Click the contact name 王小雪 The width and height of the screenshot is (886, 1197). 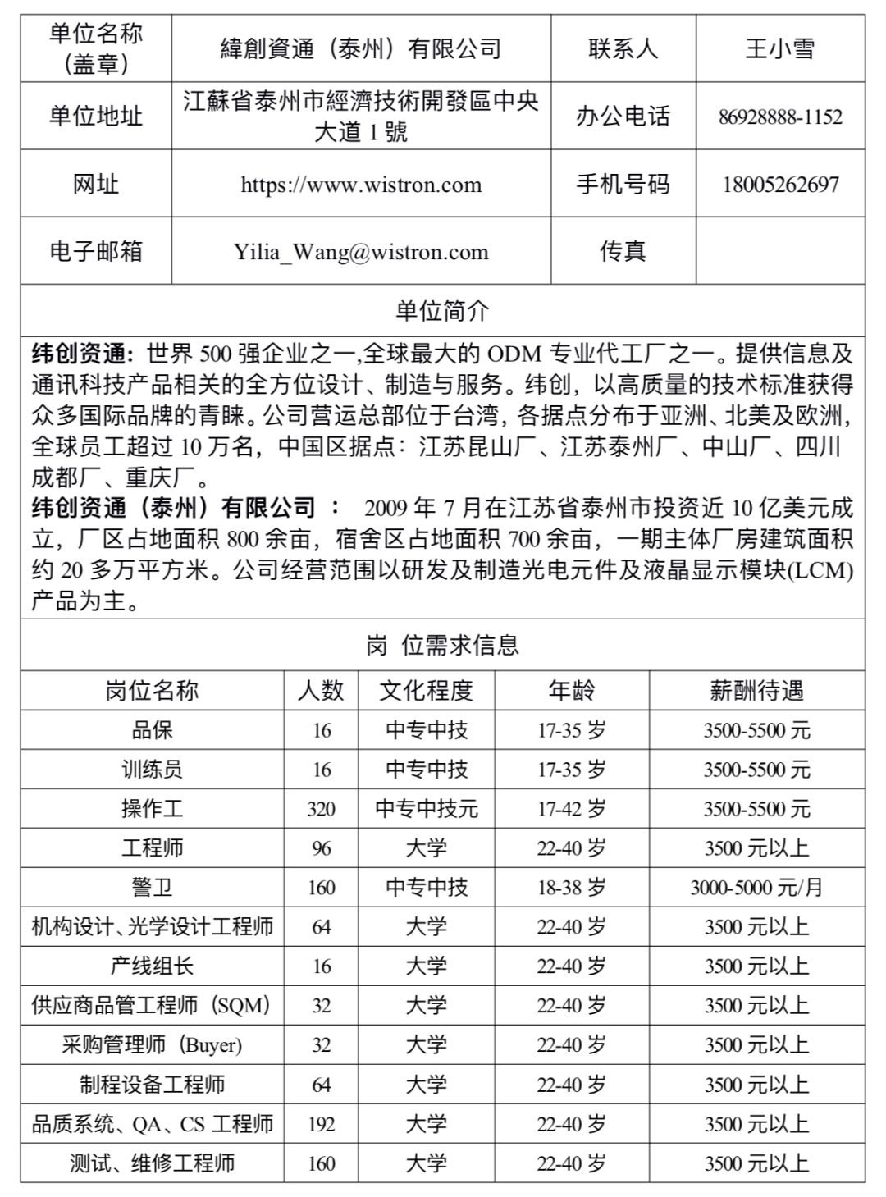779,48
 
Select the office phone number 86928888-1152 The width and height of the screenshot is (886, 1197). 779,117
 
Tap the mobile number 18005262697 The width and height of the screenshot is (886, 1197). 779,184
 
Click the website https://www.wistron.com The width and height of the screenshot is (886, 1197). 361,184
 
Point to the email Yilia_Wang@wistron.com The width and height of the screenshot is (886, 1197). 361,251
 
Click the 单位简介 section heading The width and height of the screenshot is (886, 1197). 442,310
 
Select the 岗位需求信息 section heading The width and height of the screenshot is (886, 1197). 442,646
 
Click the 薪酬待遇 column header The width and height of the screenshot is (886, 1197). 756,691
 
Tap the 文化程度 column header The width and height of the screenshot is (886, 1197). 426,691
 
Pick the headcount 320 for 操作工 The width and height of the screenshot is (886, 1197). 321,809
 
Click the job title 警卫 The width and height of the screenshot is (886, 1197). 152,888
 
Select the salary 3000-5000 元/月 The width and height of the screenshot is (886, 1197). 756,888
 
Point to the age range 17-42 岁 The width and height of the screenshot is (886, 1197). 571,809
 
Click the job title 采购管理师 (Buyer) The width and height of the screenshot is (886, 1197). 152,1045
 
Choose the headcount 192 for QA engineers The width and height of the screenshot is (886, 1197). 321,1124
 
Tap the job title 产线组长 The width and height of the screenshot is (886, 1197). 152,966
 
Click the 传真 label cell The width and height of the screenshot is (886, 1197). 623,251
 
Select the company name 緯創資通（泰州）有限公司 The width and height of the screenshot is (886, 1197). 361,48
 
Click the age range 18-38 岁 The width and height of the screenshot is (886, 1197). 571,888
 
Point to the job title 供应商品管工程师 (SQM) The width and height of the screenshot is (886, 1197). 152,1006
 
